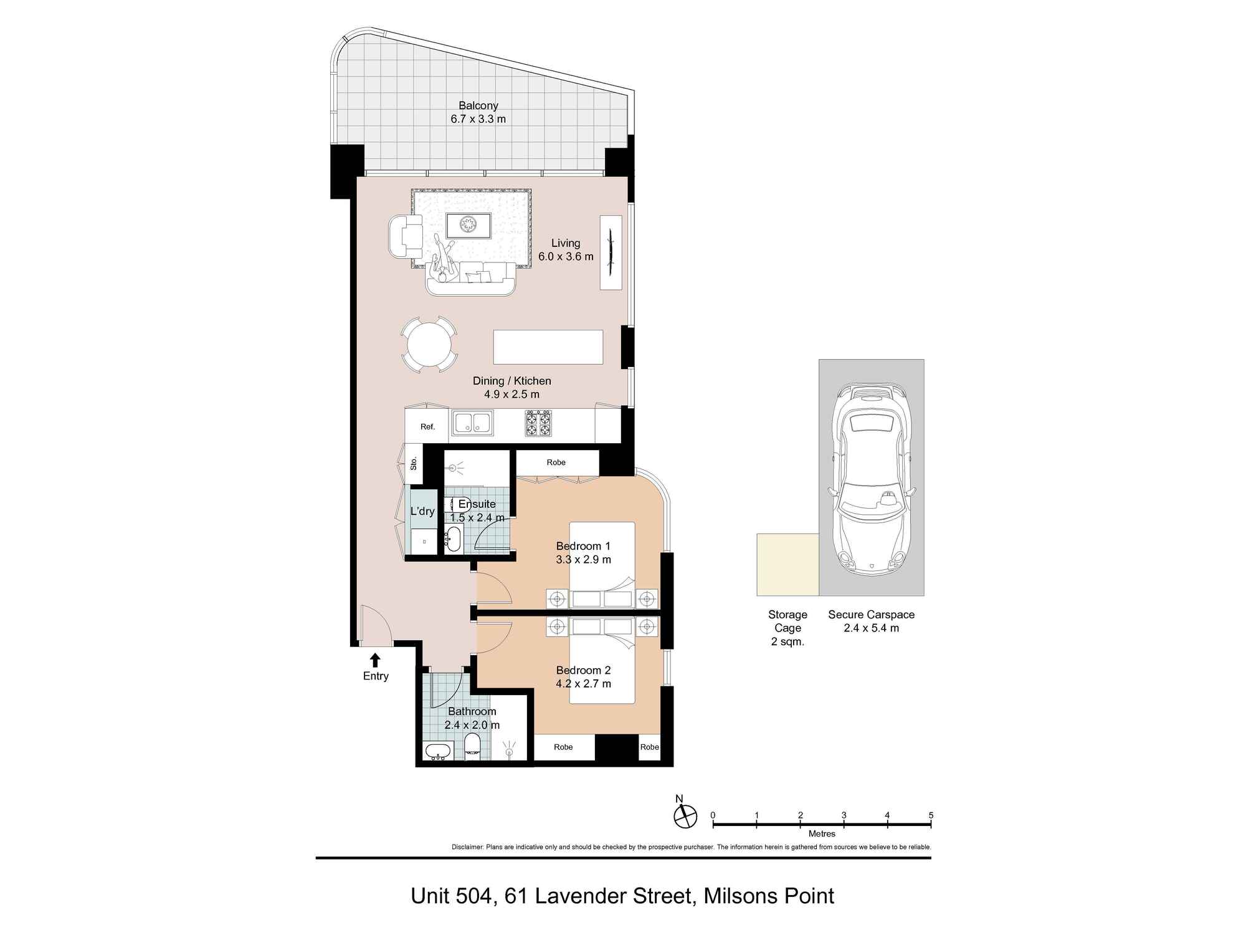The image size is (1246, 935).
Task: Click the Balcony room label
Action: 478,105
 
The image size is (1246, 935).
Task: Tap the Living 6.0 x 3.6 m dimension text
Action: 566,256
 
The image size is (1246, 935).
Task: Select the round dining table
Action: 429,345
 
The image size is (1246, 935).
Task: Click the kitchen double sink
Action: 472,423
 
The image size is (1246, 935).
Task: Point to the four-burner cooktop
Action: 538,423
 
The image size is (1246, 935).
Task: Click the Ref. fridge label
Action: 427,427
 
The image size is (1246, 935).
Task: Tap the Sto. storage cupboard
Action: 413,464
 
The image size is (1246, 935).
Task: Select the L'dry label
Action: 422,511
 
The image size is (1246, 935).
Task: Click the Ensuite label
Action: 477,504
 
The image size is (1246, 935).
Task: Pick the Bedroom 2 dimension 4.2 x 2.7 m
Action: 583,684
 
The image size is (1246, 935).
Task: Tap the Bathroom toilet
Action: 473,746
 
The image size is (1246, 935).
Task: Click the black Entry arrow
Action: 375,659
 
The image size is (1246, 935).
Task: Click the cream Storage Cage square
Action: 787,565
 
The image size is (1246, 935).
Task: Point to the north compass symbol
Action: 685,815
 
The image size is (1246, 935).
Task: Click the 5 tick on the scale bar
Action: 931,824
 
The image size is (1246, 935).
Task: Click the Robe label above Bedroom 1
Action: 556,463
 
